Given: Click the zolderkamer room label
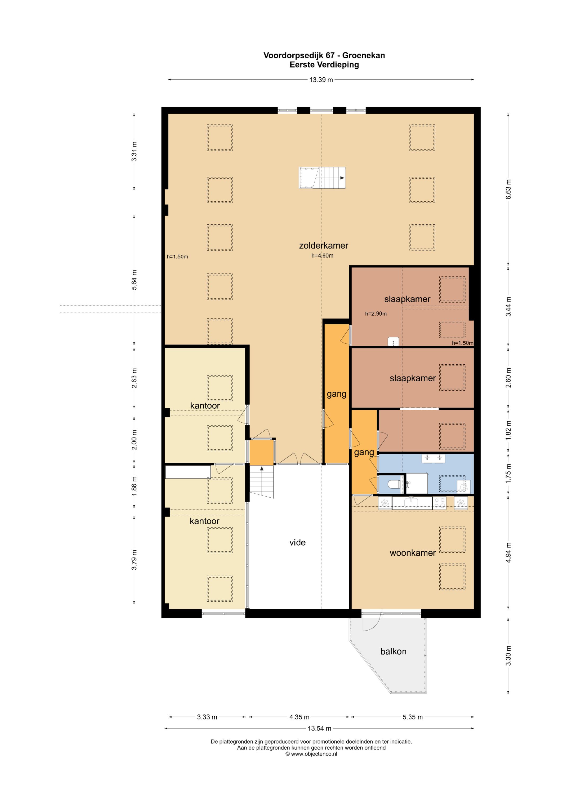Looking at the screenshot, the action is pyautogui.click(x=323, y=246).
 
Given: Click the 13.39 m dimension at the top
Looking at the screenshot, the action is pyautogui.click(x=321, y=80).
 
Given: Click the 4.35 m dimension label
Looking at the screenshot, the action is pyautogui.click(x=300, y=717).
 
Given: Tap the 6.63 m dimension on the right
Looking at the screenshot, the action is pyautogui.click(x=508, y=189).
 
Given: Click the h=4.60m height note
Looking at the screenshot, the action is pyautogui.click(x=322, y=256).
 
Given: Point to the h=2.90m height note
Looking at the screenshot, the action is pyautogui.click(x=376, y=313).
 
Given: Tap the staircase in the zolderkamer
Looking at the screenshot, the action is pyautogui.click(x=322, y=178).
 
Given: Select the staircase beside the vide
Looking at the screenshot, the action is pyautogui.click(x=262, y=482).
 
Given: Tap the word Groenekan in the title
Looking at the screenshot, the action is pyautogui.click(x=364, y=55).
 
